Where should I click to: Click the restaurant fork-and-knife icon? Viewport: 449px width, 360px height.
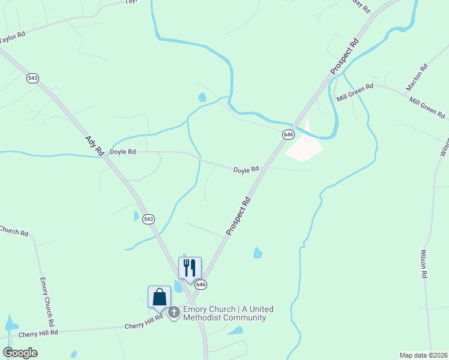190,268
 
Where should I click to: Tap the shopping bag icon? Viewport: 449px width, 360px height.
159,296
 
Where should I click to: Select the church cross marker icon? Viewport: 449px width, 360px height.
174,312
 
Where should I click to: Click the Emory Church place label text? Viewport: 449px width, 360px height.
228,313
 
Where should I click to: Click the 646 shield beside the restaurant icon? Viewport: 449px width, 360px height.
200,284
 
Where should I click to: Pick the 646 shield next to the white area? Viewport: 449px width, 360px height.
289,134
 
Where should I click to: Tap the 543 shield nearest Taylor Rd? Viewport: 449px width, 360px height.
33,78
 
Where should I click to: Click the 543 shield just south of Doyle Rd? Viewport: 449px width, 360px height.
149,220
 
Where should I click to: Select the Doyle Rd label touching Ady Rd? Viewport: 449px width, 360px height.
123,152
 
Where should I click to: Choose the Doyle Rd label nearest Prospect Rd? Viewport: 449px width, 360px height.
246,170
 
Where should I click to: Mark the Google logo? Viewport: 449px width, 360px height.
20,353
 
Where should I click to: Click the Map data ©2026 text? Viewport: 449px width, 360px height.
423,355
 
